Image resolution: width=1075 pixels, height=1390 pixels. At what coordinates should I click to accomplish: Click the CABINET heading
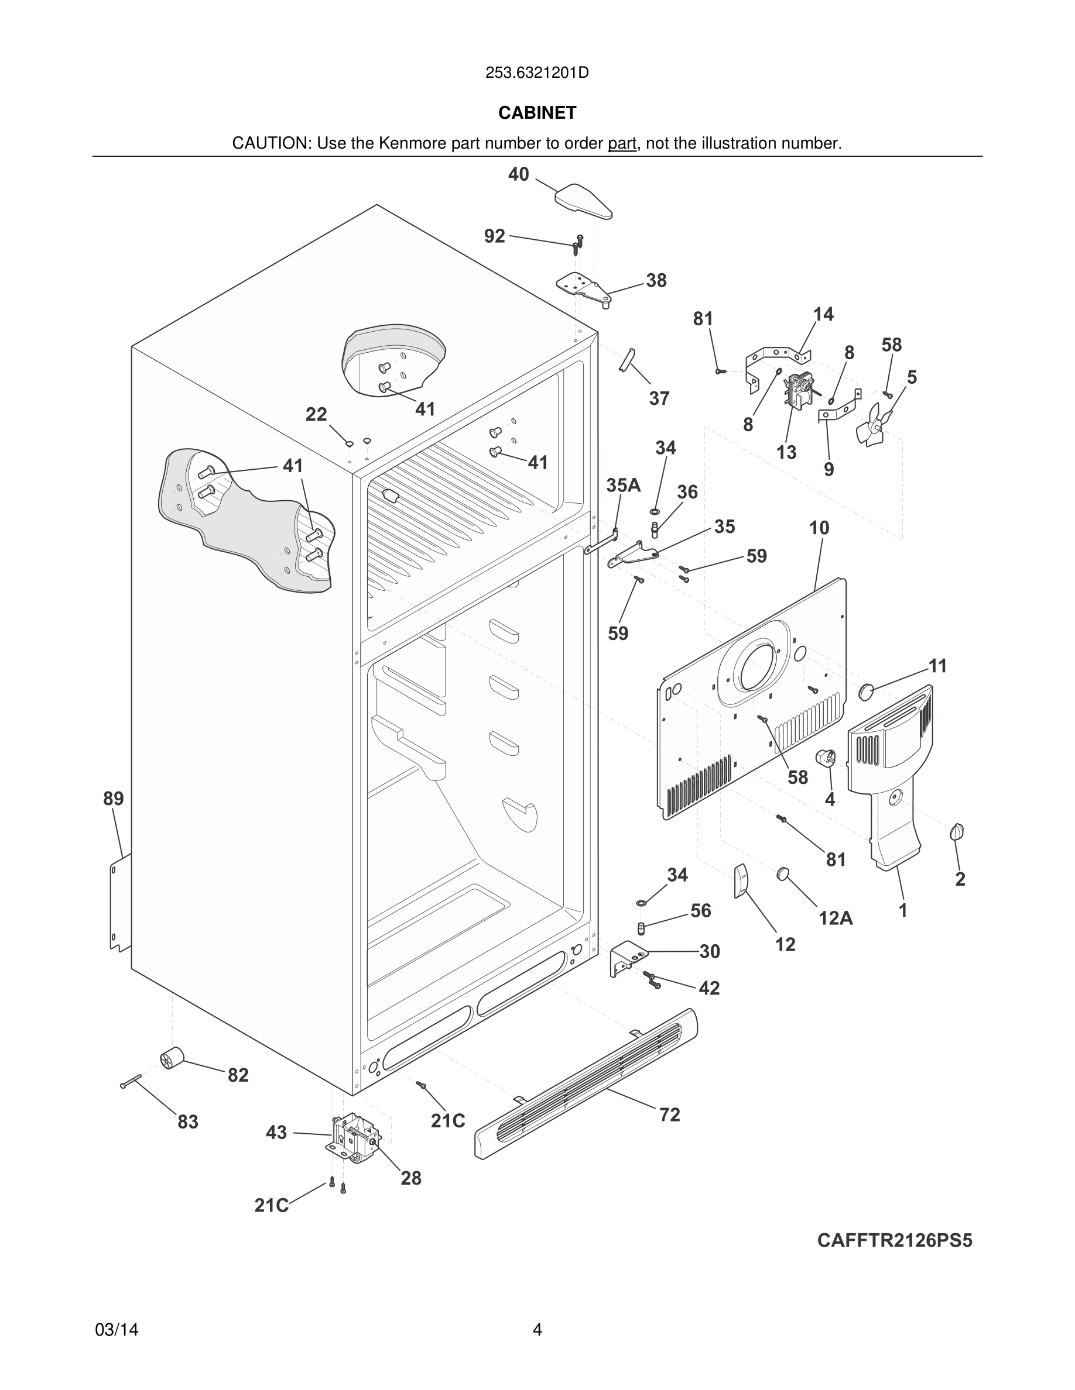(537, 113)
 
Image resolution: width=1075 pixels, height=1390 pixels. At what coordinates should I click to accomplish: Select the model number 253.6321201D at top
(537, 73)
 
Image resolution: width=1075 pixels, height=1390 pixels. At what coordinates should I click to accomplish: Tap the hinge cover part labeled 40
(583, 201)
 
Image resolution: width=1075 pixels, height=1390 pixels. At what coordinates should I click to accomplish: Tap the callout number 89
(114, 798)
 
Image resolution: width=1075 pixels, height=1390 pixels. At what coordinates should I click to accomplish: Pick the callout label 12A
(835, 918)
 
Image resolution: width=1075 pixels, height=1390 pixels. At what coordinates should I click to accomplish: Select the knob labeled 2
(957, 831)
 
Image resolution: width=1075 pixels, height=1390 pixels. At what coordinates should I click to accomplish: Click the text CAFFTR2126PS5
(894, 1240)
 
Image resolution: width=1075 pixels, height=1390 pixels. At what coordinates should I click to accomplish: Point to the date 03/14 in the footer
(117, 1330)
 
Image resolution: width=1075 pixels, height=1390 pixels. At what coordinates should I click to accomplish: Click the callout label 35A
(623, 486)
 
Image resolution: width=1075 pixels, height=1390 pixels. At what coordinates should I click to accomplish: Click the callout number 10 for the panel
(819, 528)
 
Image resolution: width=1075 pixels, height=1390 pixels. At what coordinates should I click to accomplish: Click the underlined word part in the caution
(622, 144)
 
